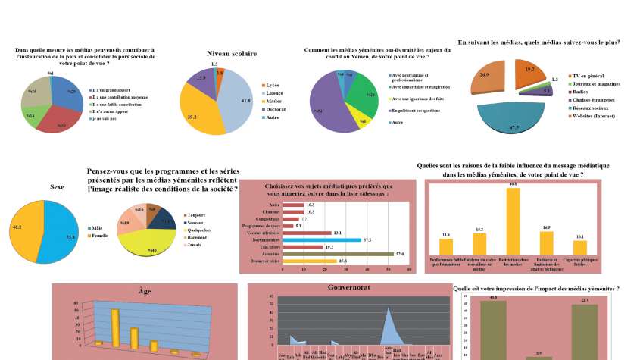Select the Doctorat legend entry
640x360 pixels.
tap(273, 110)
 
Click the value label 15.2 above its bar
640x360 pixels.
tap(479, 228)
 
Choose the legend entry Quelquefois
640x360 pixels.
tap(201, 230)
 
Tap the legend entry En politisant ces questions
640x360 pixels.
tap(416, 110)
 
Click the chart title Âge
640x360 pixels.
tap(145, 290)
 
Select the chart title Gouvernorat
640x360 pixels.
tap(348, 288)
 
